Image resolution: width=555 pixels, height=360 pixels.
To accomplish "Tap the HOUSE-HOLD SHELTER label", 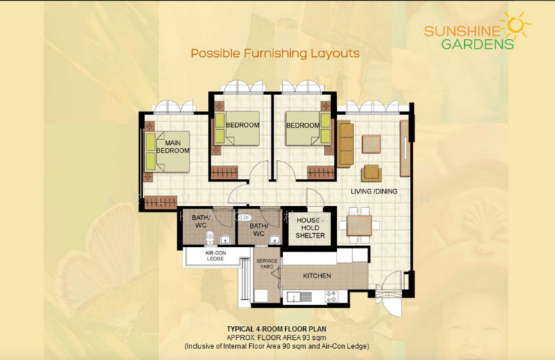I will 310,228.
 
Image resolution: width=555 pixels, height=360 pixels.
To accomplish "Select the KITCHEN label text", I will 316,276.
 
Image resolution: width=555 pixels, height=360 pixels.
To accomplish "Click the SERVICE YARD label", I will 267,264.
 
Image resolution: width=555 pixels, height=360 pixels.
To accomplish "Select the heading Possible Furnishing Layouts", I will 275,53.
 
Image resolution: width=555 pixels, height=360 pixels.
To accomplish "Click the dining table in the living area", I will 359,225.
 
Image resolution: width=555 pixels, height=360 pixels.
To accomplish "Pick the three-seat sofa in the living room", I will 345,143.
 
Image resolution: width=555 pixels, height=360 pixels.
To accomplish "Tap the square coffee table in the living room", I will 372,144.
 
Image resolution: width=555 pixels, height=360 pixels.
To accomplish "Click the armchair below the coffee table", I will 370,173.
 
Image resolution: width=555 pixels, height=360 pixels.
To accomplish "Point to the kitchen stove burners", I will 331,297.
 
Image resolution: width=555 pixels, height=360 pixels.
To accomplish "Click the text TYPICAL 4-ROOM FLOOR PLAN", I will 277,328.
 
